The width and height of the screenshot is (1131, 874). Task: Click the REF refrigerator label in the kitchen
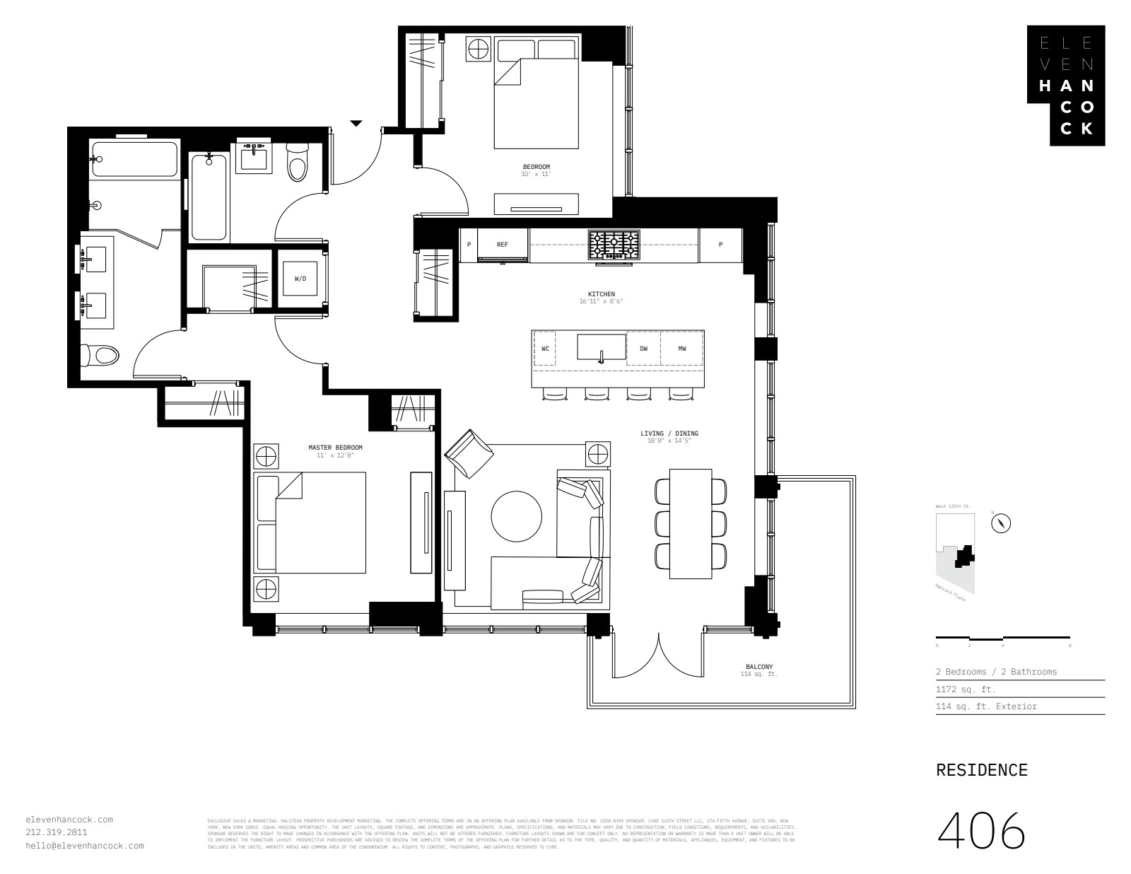coord(502,245)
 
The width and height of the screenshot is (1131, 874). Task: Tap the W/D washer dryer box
coord(300,279)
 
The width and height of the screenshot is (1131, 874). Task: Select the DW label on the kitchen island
coord(643,349)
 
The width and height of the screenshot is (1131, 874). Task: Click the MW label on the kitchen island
coord(682,349)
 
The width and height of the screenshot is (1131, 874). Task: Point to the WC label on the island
coord(545,349)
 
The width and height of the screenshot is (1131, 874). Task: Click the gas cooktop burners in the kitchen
coord(614,245)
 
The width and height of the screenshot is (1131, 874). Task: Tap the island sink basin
coord(601,347)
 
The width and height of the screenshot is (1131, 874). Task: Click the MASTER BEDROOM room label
coord(335,448)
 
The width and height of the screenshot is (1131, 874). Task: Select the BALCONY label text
coord(759,667)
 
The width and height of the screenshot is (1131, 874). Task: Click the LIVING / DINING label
coord(669,433)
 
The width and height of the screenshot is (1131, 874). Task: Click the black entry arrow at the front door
coord(356,124)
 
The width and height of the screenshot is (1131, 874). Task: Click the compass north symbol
coord(1002,523)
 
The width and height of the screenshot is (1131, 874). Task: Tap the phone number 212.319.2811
coord(57,832)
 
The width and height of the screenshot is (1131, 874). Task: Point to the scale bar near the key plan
coord(1002,637)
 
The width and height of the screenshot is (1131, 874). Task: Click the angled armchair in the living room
coord(469,453)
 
